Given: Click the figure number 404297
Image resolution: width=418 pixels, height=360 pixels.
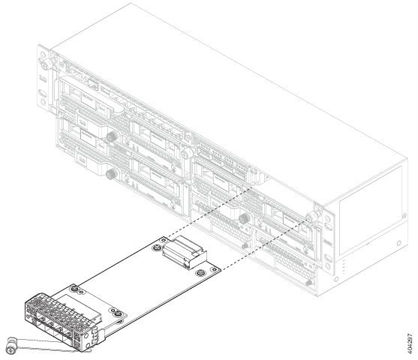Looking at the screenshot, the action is (x=410, y=343).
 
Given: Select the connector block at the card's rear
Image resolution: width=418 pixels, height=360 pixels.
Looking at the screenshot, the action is (x=185, y=252).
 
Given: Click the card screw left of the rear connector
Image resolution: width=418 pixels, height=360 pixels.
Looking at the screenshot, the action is (x=157, y=247).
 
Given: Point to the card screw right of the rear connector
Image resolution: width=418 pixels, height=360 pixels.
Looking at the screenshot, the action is (x=200, y=273).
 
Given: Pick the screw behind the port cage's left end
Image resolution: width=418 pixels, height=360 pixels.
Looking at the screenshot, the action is (x=74, y=288).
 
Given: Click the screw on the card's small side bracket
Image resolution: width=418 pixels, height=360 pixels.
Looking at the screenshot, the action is (x=118, y=314).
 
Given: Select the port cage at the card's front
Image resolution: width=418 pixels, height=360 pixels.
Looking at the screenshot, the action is (x=62, y=320).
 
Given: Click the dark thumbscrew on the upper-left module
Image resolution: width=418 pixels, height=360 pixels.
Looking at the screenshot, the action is (x=113, y=136).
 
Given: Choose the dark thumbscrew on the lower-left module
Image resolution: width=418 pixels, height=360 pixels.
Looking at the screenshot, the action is (x=112, y=174).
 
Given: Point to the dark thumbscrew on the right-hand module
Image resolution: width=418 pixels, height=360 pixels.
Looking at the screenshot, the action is (x=244, y=218).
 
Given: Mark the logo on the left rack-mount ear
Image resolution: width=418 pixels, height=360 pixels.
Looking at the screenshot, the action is (x=41, y=79).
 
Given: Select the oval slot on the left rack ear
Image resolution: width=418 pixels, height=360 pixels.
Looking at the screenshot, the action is (x=42, y=93).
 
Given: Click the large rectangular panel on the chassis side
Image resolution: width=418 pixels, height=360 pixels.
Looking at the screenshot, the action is (x=371, y=210).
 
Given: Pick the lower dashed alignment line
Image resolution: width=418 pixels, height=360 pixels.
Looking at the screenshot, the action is (x=265, y=244).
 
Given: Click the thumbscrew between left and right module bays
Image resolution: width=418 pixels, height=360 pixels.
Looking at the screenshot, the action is (x=187, y=153).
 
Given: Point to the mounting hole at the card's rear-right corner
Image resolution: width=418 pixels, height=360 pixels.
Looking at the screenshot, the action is (x=213, y=269).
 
